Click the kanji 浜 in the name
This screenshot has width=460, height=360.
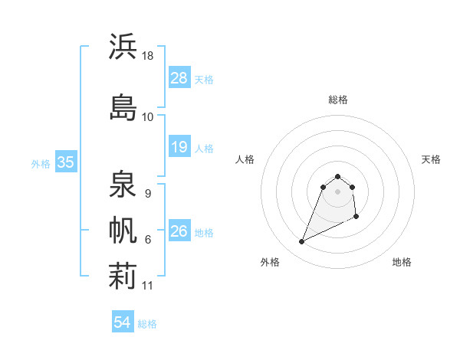pos(123,47)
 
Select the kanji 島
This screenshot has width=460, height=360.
pos(123,106)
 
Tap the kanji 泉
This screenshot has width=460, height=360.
pos(123,185)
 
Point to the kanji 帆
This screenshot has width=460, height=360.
pos(123,230)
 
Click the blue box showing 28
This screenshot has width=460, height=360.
pos(179,78)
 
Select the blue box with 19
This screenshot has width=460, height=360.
pos(179,147)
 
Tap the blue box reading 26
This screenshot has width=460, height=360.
pos(179,231)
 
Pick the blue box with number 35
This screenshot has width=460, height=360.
pos(65,162)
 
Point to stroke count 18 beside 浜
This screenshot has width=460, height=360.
pos(147,56)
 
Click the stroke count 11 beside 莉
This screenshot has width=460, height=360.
pos(148,286)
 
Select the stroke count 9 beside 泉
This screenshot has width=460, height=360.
pos(147,194)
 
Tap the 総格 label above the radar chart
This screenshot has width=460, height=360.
pos(338,100)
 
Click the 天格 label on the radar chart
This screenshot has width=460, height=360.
pos(431,159)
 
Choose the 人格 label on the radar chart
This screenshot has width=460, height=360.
pos(245,159)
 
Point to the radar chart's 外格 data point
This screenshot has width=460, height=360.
pos(301,242)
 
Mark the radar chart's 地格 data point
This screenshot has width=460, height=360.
pos(357,218)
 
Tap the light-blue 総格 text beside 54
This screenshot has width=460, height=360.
pos(147,324)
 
